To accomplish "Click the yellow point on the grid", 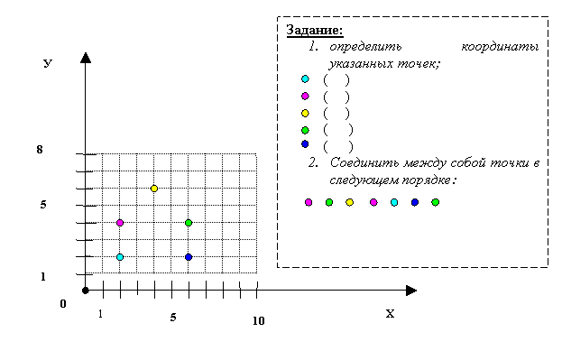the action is point(154,189).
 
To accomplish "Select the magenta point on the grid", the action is point(120,223).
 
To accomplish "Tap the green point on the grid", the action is point(189,223).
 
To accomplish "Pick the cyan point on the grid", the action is point(120,257).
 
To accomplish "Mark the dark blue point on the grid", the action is point(189,257).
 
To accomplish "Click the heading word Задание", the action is point(315,30).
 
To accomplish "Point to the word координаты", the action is point(500,47).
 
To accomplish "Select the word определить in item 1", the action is point(365,47).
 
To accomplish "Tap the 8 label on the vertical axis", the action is point(40,150).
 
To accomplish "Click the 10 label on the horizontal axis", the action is point(258,321).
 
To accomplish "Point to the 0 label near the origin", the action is point(63,304).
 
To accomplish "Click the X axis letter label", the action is point(390,314).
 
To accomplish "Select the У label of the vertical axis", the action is point(48,63).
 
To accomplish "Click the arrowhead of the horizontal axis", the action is point(411,291).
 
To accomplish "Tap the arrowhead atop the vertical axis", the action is point(86,58).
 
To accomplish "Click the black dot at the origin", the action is point(86,291).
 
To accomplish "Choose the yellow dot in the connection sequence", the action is point(349,203).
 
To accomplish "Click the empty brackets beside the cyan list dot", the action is point(336,79).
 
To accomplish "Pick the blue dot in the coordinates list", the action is point(305,144).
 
